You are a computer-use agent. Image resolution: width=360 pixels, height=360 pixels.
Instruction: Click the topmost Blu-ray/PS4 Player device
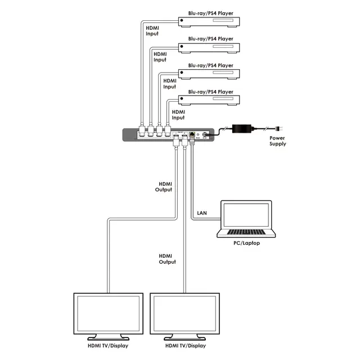click(x=210, y=22)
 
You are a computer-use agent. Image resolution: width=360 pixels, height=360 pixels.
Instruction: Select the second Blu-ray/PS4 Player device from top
click(x=210, y=48)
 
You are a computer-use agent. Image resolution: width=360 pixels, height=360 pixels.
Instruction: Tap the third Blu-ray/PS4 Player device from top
click(x=210, y=74)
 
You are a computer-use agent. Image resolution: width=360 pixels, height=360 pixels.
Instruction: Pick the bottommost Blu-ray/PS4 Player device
click(x=210, y=101)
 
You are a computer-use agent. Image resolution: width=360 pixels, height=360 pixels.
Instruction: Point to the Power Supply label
click(x=277, y=141)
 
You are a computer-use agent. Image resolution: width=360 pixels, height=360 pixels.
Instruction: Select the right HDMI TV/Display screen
click(x=184, y=316)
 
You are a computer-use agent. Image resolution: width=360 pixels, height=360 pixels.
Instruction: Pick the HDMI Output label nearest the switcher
click(x=163, y=187)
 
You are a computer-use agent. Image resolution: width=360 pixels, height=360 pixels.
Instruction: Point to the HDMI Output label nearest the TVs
click(x=167, y=259)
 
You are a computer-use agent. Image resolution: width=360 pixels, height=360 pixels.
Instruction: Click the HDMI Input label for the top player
click(x=152, y=30)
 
